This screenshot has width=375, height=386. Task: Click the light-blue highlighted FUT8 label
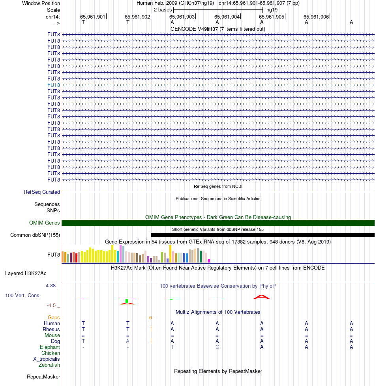[x=54, y=85]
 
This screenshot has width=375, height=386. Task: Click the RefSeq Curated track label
[x=42, y=192]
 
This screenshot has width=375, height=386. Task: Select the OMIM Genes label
[x=44, y=223]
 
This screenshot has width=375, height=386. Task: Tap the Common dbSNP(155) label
[x=35, y=235]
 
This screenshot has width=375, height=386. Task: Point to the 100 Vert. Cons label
[x=22, y=295]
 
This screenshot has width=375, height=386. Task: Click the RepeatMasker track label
[x=43, y=377]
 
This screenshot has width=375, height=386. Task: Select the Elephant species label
[x=50, y=347]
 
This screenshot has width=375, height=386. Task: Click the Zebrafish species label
[x=49, y=365]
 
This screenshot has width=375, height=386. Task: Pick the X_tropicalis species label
[x=47, y=359]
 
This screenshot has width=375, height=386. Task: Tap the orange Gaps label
[x=54, y=317]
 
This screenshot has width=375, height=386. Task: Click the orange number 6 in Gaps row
[x=150, y=317]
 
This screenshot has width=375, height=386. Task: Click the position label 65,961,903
[x=182, y=17]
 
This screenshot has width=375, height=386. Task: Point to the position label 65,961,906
[x=316, y=17]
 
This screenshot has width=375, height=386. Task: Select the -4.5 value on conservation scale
[x=53, y=305]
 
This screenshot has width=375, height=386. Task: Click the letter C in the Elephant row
[x=217, y=347]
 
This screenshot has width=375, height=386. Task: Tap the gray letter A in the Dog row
[x=127, y=341]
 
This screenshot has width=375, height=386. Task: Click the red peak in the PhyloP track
[x=261, y=296]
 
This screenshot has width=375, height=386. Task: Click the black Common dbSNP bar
[x=262, y=235]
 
